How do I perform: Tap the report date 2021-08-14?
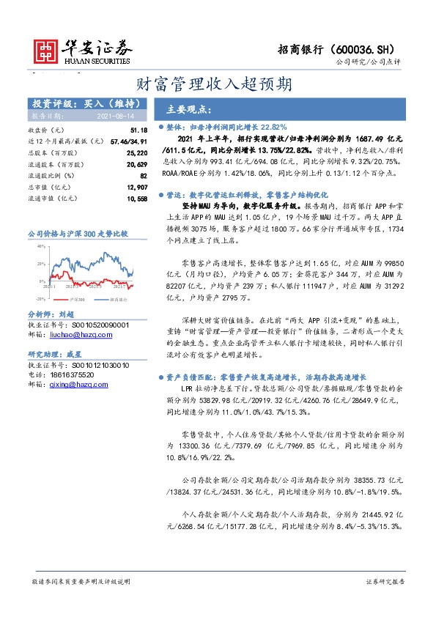pos(115,116)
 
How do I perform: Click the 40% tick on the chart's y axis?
pos(41,246)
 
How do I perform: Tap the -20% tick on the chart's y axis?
pos(40,299)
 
